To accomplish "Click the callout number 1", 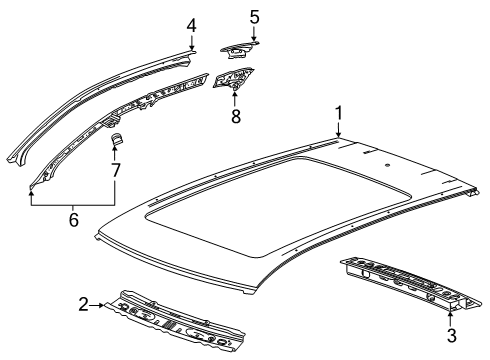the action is tap(339, 113).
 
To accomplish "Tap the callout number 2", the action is tap(83, 304).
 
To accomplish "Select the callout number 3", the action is tap(451, 335).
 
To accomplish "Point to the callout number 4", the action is tap(191, 25).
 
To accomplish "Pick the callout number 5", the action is tap(254, 17).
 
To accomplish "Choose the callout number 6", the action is tap(74, 220).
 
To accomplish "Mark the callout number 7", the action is tap(115, 170).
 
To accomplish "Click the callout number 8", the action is tap(236, 116).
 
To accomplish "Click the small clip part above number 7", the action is tap(117, 139).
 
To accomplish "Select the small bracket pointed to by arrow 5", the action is tap(238, 49).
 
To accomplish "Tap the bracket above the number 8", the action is tap(233, 79).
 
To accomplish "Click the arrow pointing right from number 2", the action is tap(97, 305).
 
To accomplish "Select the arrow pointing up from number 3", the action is tap(450, 318).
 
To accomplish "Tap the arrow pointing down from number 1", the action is tap(339, 129).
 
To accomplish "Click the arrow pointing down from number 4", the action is tap(192, 42).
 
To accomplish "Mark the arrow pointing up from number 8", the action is tap(235, 99).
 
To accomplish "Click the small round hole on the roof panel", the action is tap(387, 165).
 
